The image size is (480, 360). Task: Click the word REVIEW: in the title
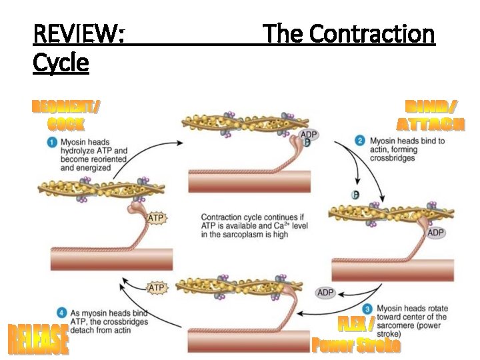79,33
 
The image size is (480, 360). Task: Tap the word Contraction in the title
372,33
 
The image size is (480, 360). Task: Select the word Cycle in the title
61,63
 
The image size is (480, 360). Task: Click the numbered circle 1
51,143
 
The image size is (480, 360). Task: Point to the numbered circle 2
360,141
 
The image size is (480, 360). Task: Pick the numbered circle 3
367,309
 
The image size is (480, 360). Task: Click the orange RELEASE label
38,339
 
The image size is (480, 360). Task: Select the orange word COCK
66,124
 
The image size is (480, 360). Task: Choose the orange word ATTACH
431,124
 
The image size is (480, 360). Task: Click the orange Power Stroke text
356,345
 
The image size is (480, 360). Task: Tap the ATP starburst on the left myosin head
155,218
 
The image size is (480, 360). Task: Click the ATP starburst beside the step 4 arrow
155,288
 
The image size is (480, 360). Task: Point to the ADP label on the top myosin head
309,135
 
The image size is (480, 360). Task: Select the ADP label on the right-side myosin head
435,233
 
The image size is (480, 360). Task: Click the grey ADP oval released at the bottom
325,293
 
